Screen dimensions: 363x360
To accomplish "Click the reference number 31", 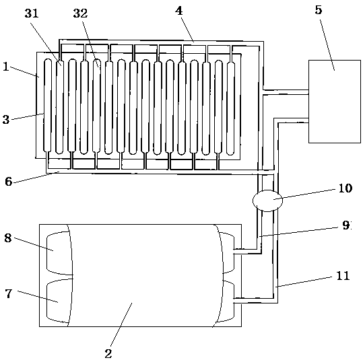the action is [32, 13].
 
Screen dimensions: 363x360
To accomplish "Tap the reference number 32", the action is [80, 13].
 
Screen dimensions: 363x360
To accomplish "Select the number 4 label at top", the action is [179, 11].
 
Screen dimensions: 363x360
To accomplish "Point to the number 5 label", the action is [319, 10].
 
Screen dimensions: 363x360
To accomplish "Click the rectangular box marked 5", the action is [335, 102].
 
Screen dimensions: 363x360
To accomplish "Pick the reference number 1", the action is [6, 67].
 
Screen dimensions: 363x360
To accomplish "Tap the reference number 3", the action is [6, 120].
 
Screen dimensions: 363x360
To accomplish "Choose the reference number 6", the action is [8, 182].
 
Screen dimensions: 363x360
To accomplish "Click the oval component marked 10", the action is [267, 201].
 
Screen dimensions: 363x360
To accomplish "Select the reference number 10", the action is [345, 188].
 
